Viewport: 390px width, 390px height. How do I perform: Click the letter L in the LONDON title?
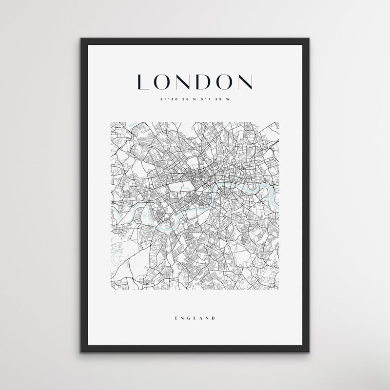[x=143, y=82]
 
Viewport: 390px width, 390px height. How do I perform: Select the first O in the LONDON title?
[x=162, y=82]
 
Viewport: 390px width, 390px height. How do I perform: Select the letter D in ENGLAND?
[x=214, y=318]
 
